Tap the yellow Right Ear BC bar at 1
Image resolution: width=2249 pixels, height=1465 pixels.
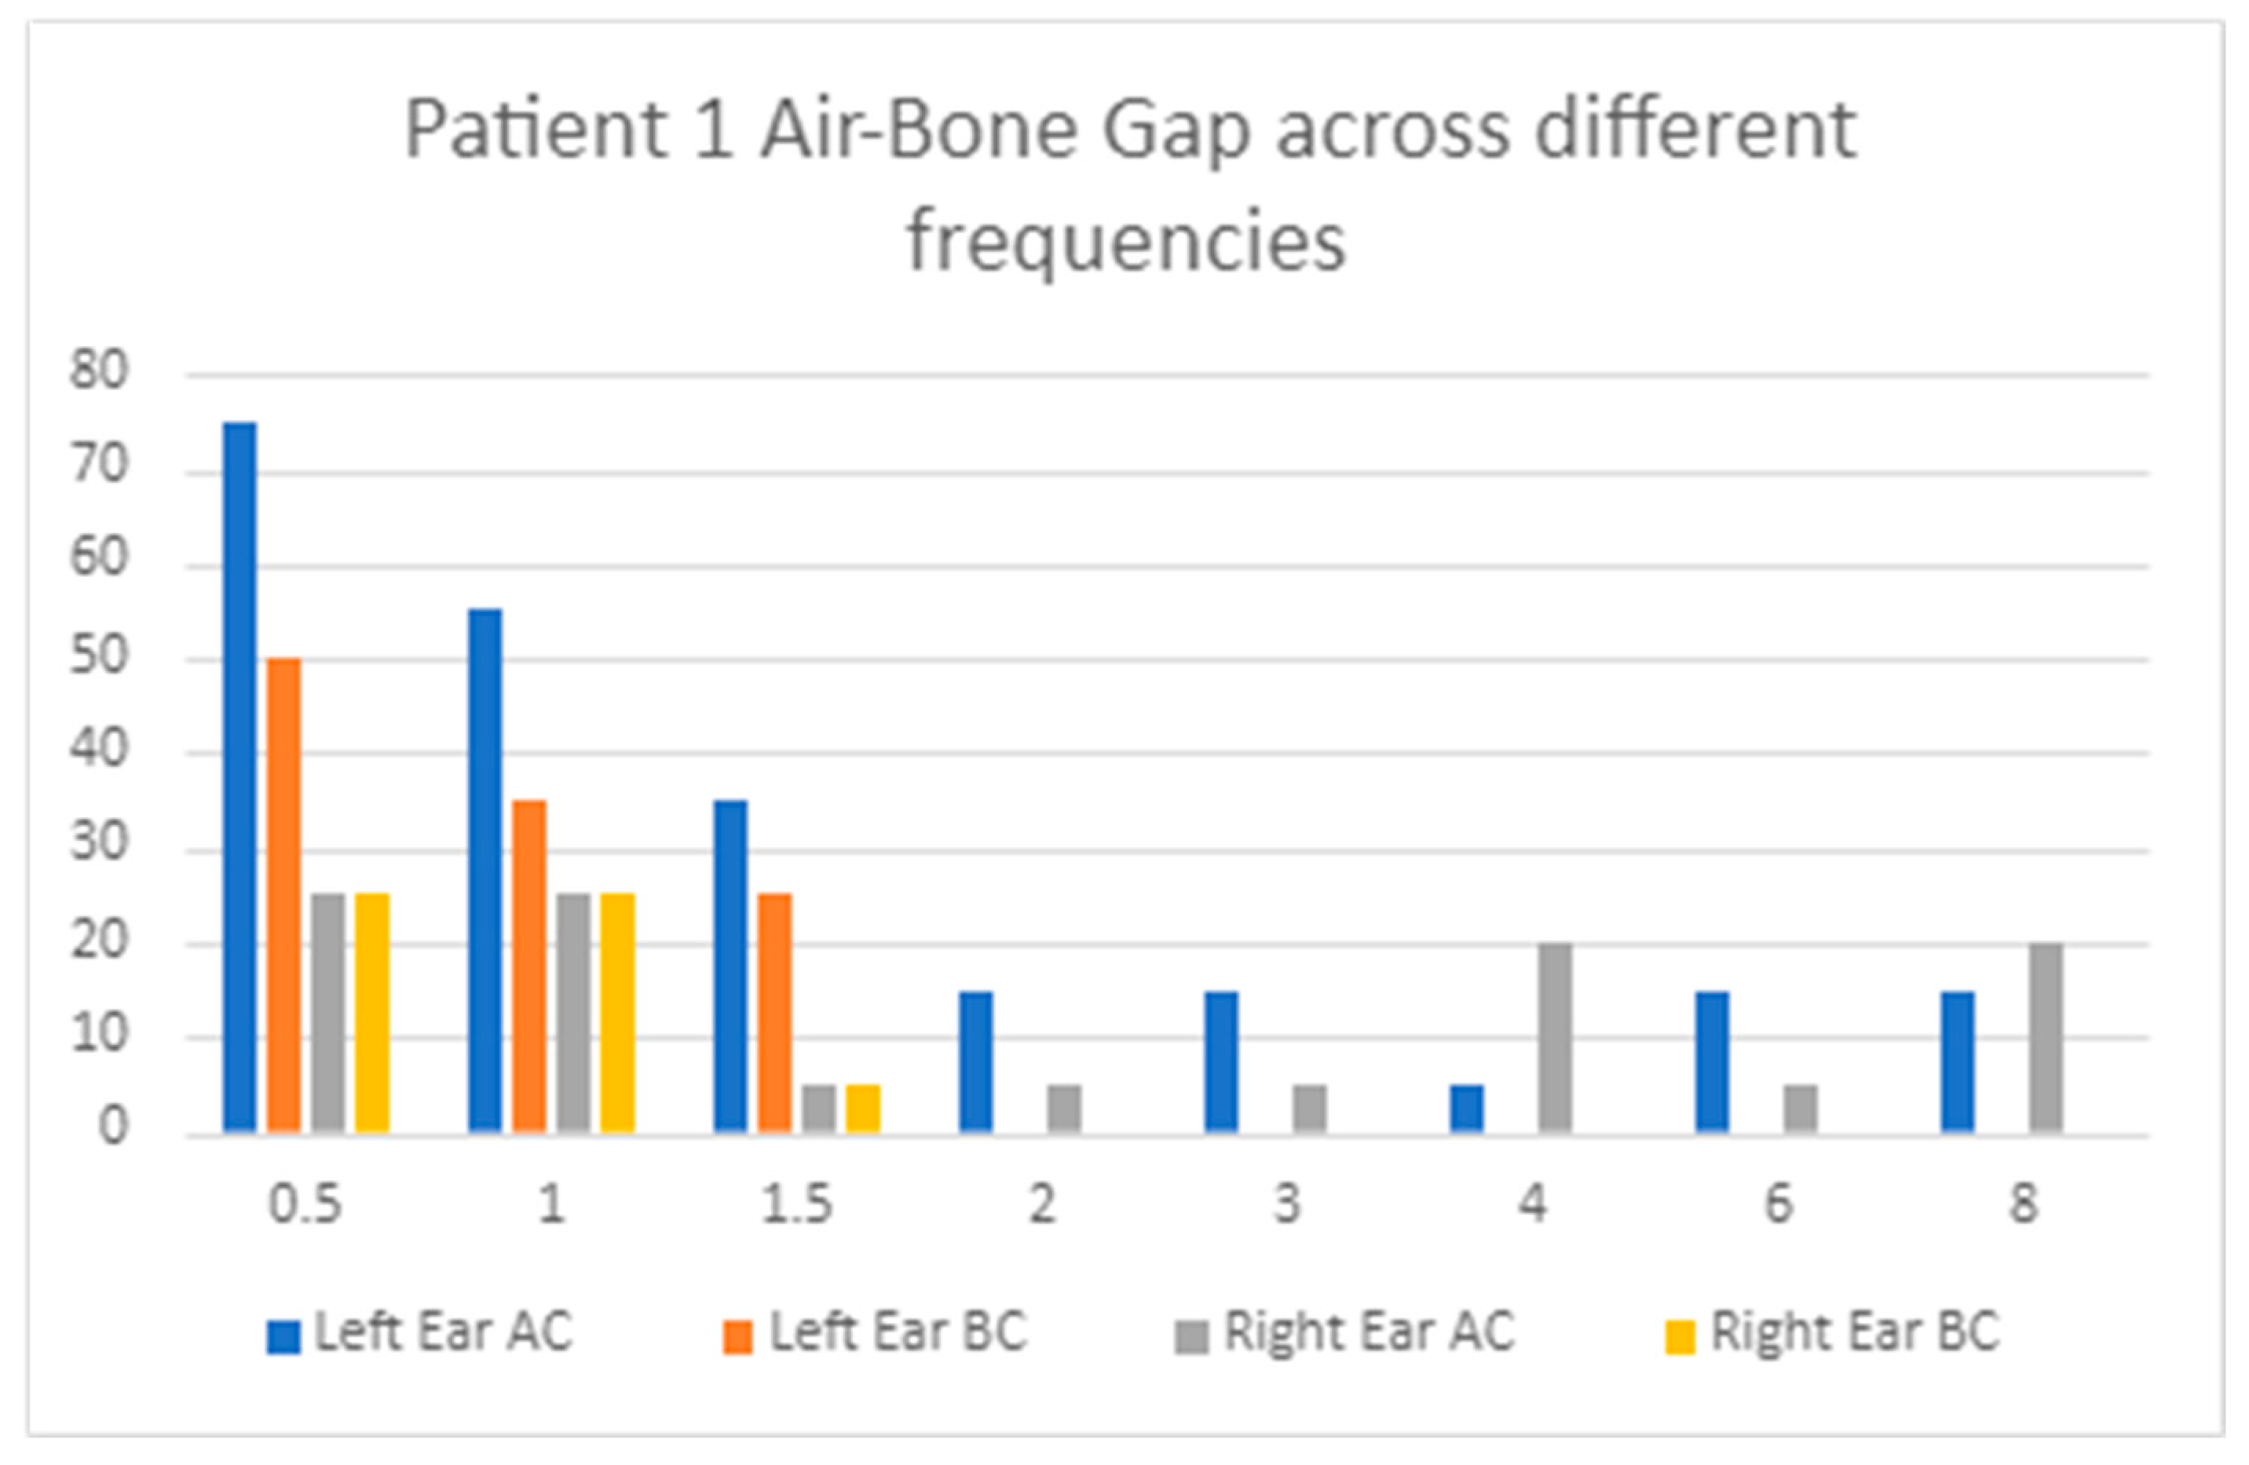[x=617, y=1012]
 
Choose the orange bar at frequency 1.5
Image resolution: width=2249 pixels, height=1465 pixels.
[x=775, y=1012]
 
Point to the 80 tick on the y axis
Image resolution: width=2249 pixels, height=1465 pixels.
[x=98, y=372]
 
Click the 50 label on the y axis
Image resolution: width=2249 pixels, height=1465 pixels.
[x=98, y=657]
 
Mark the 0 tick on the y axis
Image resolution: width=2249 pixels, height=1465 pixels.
[x=112, y=1127]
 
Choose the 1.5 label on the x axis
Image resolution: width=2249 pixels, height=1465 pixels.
[x=796, y=1204]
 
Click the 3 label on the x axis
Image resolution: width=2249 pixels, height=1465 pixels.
[x=1287, y=1204]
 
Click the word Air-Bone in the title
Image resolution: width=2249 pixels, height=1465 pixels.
[x=919, y=130]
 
